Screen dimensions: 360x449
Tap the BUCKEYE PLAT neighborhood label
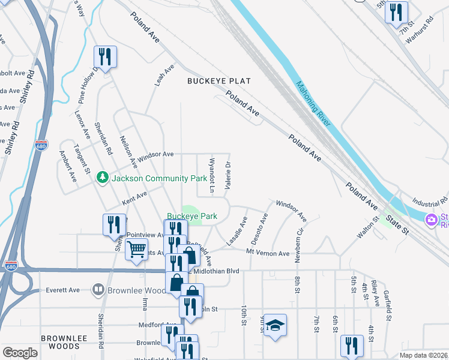(218, 81)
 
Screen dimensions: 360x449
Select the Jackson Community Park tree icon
(103, 178)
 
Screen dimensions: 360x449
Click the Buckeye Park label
(184, 215)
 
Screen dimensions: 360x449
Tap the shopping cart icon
(137, 248)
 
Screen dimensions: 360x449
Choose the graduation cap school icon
(275, 325)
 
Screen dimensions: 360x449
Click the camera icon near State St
(431, 220)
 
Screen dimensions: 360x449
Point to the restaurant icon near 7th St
(396, 12)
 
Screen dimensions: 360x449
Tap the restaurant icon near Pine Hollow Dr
(105, 56)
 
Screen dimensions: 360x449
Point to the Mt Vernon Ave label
(268, 253)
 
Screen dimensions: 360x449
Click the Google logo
(20, 352)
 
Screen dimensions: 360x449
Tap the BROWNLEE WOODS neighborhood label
(61, 342)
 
